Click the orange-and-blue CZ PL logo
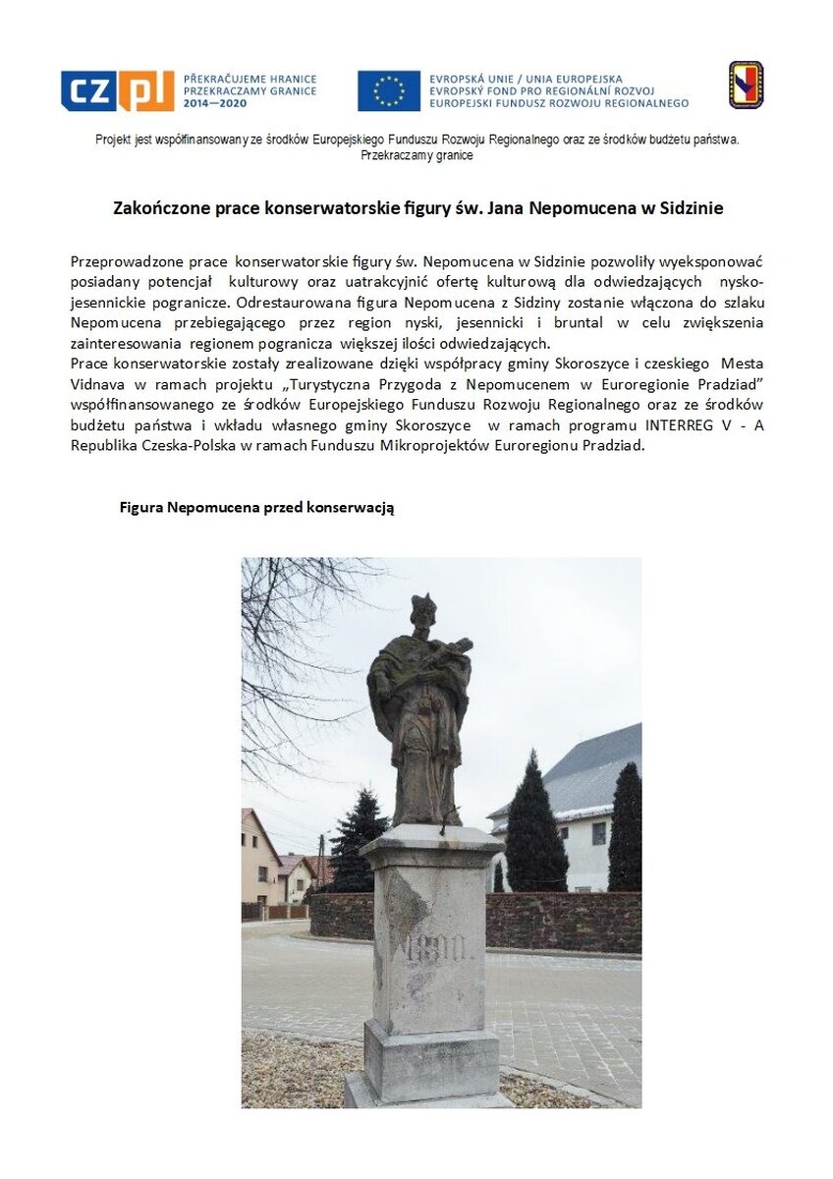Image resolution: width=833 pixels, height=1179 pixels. pyautogui.click(x=117, y=91)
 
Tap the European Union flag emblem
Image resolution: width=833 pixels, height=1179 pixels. pyautogui.click(x=388, y=90)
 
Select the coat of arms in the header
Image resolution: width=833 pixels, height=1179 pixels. pyautogui.click(x=746, y=84)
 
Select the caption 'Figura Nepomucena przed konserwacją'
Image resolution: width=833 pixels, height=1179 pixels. pyautogui.click(x=256, y=507)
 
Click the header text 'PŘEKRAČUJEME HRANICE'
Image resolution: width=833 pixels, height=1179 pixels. pyautogui.click(x=250, y=79)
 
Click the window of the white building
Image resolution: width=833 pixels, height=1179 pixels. pyautogui.click(x=598, y=833)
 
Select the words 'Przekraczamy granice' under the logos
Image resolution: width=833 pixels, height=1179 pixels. pyautogui.click(x=416, y=155)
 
